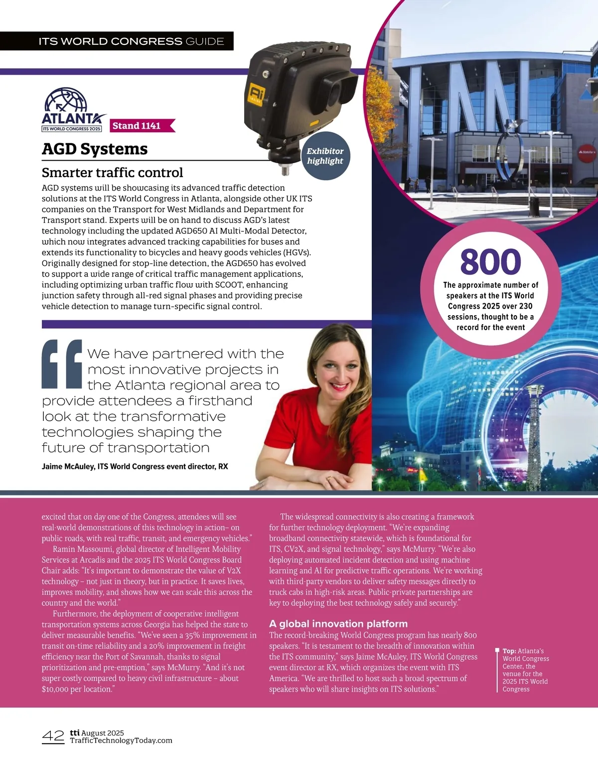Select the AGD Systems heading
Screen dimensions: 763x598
coord(95,149)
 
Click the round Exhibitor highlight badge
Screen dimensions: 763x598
coord(325,156)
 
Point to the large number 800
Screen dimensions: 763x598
coord(490,262)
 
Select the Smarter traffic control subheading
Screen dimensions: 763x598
coord(112,173)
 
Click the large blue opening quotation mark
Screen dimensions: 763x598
coord(62,364)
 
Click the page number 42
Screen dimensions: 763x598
coord(53,736)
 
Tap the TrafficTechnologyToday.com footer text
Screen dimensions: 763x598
coord(121,741)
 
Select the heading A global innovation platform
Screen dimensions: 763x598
coord(338,624)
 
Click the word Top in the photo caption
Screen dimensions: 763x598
coord(509,651)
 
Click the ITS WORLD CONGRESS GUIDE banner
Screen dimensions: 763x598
coord(132,41)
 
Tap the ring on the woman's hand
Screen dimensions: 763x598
coord(329,479)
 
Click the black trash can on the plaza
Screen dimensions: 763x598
coord(534,206)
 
